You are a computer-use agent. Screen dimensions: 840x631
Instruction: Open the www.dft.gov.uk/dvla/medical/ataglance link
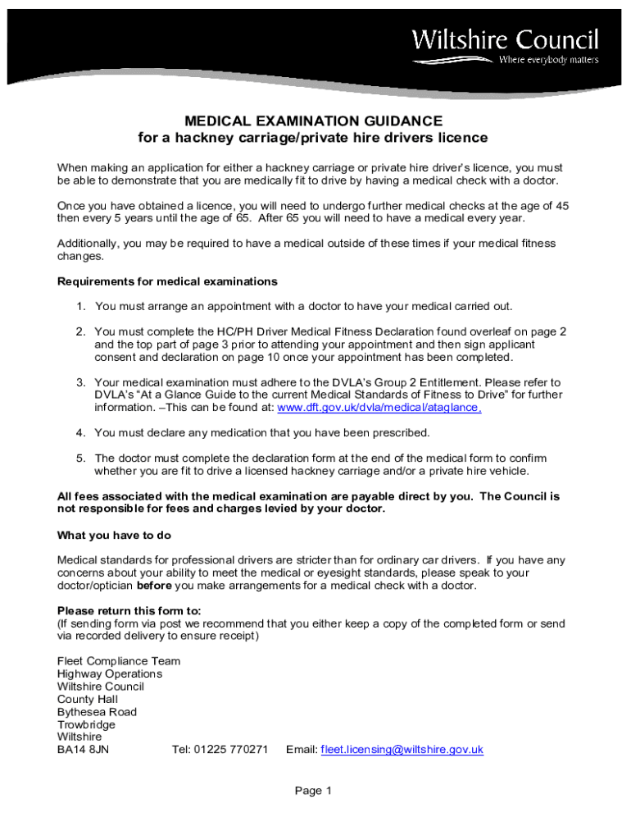[379, 408]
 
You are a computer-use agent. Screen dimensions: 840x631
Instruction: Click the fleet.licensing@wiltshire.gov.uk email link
[402, 750]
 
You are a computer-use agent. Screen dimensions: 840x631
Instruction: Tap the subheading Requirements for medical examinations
[167, 281]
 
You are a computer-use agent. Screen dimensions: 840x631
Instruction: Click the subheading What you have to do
[114, 535]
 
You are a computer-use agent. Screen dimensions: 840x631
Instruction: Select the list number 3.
[81, 382]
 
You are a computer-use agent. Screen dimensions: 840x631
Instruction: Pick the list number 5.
[81, 459]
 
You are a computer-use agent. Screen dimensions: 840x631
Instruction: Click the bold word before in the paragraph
[153, 587]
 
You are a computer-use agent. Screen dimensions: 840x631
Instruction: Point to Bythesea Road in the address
[97, 712]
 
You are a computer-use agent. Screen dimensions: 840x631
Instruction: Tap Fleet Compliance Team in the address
[119, 661]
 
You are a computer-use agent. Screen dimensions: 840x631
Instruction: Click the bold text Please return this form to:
[129, 611]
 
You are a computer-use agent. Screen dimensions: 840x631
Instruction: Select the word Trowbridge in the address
[86, 724]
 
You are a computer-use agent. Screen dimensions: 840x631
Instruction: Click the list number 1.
[81, 306]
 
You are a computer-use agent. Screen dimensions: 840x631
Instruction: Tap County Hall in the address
[88, 699]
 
